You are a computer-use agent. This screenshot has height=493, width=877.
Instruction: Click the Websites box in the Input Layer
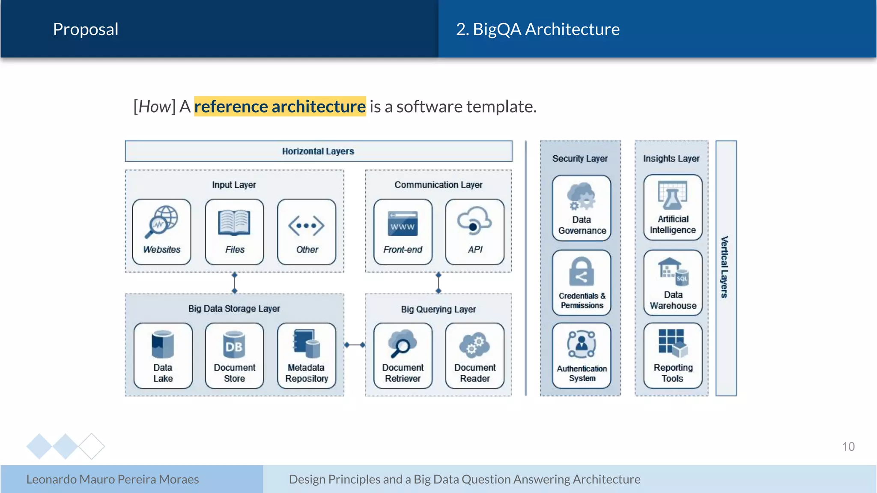(162, 232)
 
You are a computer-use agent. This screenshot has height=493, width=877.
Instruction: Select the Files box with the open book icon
(234, 232)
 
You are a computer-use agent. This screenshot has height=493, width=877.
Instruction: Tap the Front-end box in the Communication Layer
(403, 232)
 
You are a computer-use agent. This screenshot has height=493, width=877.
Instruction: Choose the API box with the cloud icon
(475, 232)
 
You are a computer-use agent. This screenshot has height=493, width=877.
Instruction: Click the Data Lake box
(163, 356)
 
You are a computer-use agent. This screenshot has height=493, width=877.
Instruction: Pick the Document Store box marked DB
(234, 356)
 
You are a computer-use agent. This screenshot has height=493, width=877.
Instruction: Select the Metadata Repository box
(307, 356)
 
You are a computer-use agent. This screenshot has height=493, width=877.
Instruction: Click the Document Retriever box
(403, 356)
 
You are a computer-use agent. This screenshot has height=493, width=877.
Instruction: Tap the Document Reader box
(475, 356)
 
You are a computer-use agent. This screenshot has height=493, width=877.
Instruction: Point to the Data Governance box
(582, 208)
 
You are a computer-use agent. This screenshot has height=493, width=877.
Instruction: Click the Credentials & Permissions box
(582, 283)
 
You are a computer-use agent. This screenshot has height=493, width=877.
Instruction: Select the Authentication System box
(582, 356)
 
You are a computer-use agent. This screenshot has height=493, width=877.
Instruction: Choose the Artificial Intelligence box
(673, 208)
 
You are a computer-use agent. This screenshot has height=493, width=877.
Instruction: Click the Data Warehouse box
(673, 283)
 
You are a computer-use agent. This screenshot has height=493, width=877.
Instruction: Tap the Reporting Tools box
(673, 356)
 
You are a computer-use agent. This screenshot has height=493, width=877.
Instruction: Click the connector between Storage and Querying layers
(355, 345)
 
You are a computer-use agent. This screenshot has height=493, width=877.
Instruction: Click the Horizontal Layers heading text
(318, 151)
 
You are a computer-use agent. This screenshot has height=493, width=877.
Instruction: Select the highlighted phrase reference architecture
(280, 107)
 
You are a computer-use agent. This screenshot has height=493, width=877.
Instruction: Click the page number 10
(848, 447)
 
